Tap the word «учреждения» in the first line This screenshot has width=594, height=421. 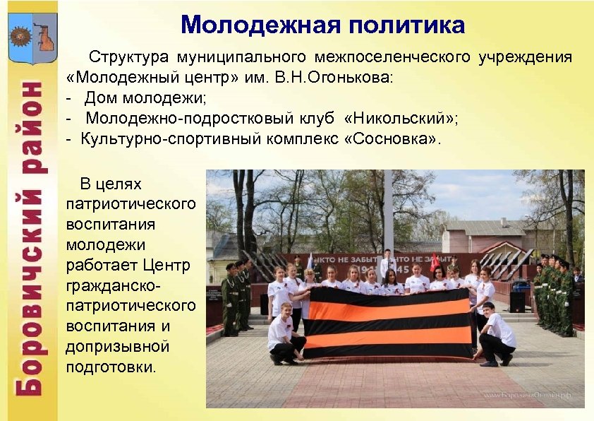click(x=525, y=56)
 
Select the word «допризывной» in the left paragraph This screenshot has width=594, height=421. click(x=117, y=347)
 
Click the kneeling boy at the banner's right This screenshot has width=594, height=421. click(x=496, y=332)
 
